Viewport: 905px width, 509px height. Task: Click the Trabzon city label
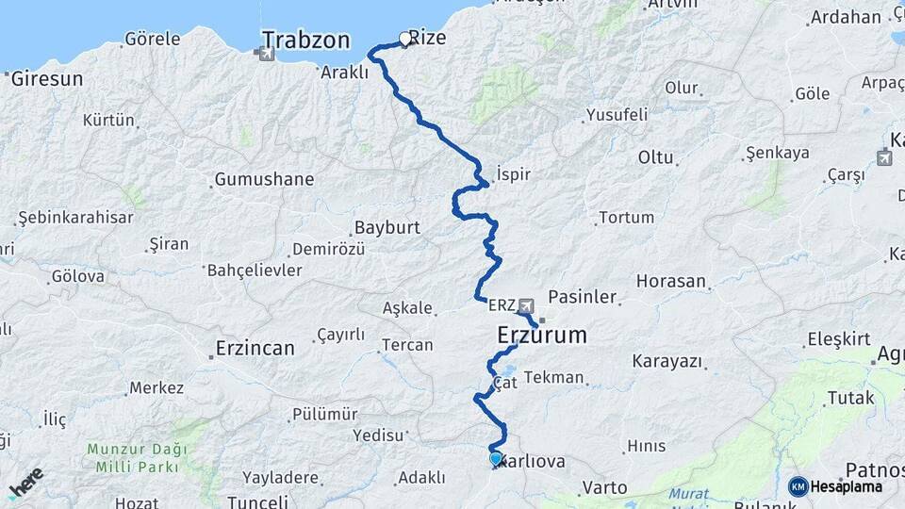pyautogui.click(x=305, y=40)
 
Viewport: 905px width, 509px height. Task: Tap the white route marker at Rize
pyautogui.click(x=405, y=39)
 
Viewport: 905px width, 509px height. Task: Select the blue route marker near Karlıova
pyautogui.click(x=496, y=459)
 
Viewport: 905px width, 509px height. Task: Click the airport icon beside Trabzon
pyautogui.click(x=267, y=54)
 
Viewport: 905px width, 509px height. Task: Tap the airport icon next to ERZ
pyautogui.click(x=525, y=305)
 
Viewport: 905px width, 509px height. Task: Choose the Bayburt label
pyautogui.click(x=387, y=227)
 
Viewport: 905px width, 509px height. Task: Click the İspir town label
pyautogui.click(x=514, y=174)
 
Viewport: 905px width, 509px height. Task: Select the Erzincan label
pyautogui.click(x=255, y=348)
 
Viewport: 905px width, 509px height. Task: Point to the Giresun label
pyautogui.click(x=47, y=78)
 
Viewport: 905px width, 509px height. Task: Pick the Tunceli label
pyautogui.click(x=257, y=501)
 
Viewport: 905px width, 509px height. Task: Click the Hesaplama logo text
pyautogui.click(x=847, y=486)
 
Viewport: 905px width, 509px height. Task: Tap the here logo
pyautogui.click(x=25, y=483)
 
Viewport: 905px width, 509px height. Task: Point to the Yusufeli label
pyautogui.click(x=617, y=115)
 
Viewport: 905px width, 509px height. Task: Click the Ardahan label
pyautogui.click(x=846, y=16)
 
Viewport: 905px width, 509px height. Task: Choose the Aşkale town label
pyautogui.click(x=407, y=307)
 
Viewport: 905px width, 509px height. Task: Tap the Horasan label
pyautogui.click(x=671, y=281)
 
